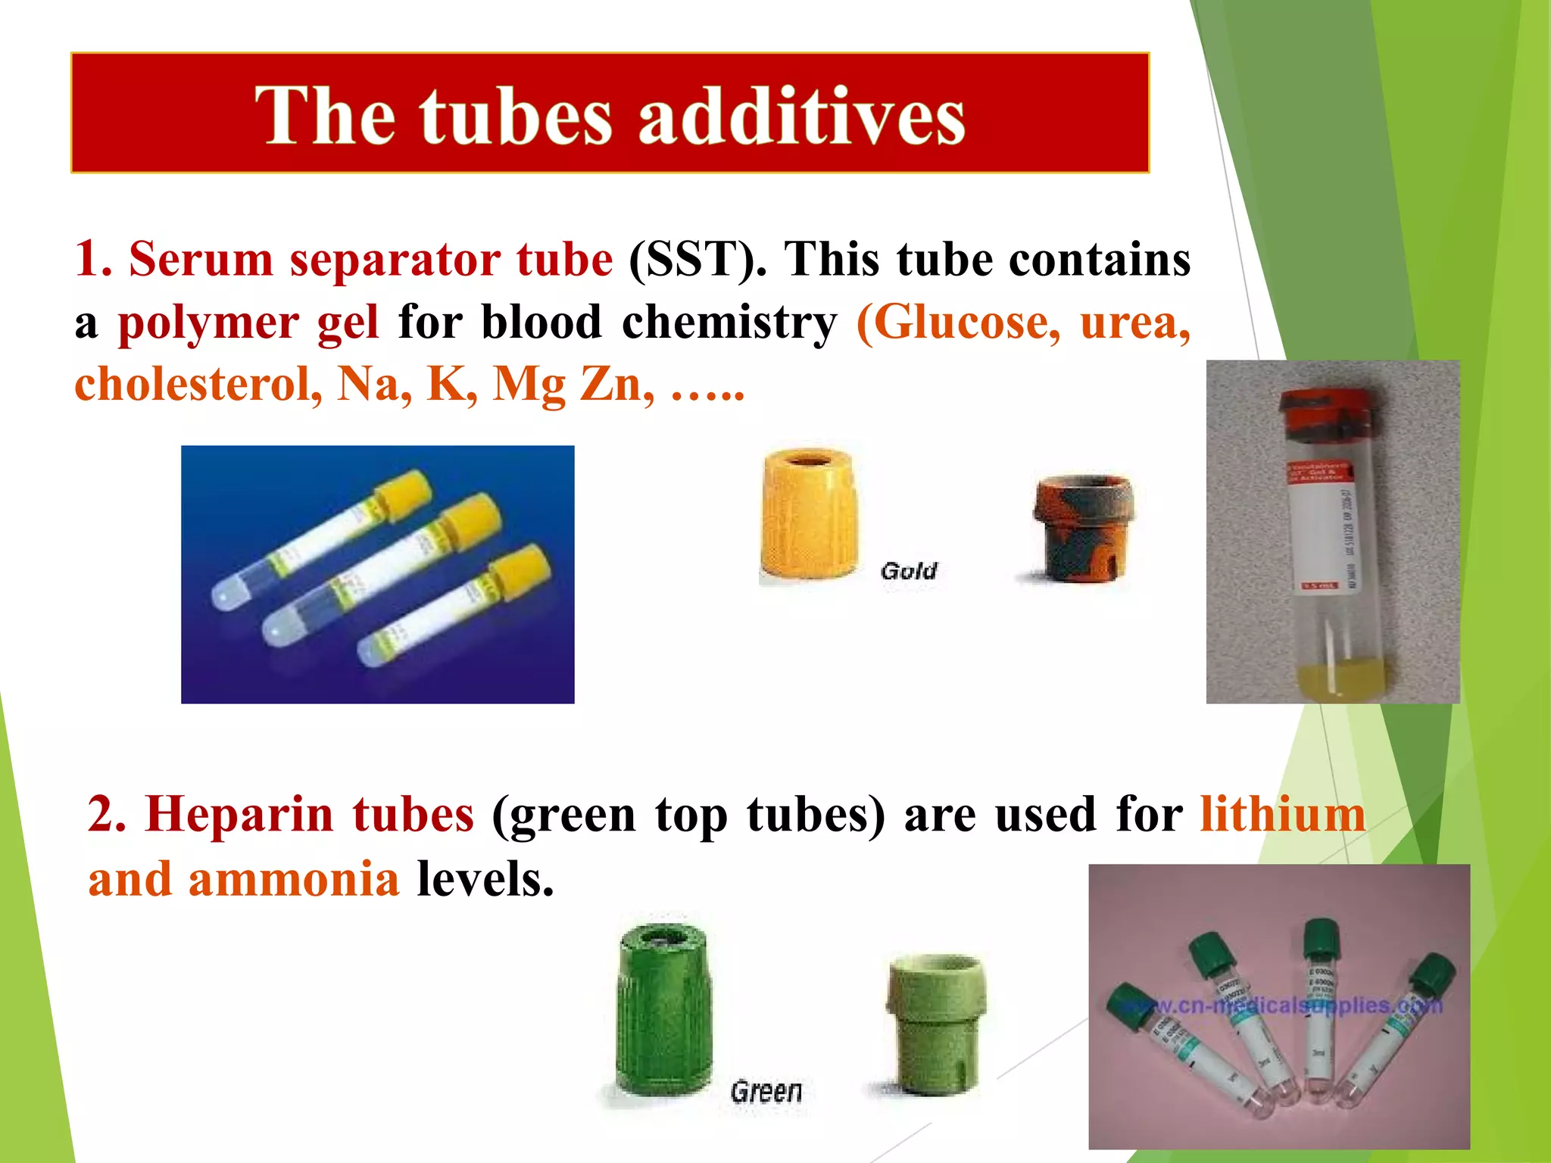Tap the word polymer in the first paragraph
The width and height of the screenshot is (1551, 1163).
208,323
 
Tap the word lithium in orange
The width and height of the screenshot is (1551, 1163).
1282,815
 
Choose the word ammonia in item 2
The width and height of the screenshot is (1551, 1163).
293,880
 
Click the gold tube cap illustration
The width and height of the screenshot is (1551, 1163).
808,515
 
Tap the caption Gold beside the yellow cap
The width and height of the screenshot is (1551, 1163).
908,571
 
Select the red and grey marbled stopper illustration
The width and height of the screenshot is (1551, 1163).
1083,528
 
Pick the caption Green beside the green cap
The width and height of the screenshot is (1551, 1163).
766,1092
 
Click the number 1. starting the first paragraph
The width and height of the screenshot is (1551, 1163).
93,260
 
